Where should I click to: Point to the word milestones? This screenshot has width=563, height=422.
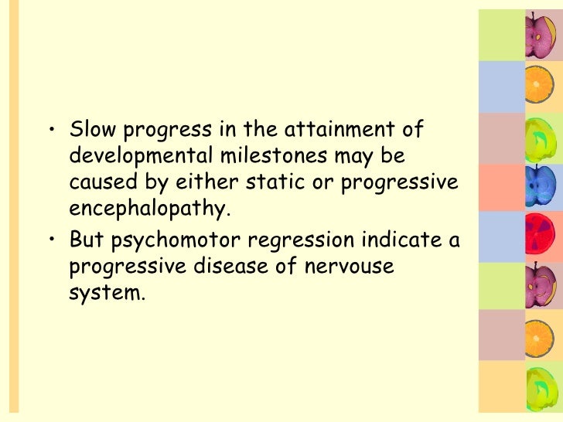271,157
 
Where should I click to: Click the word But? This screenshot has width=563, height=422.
87,240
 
